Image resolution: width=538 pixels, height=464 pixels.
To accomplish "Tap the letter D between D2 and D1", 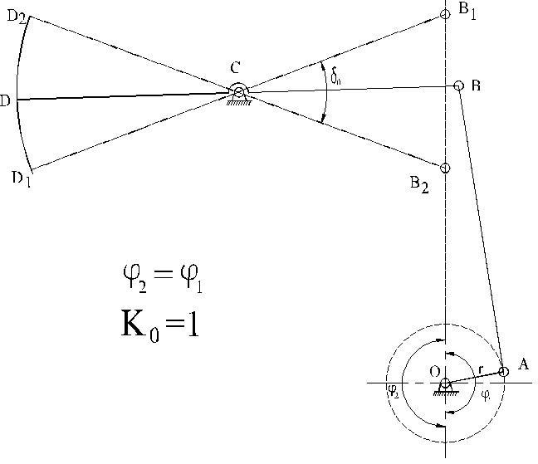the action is click(6, 101).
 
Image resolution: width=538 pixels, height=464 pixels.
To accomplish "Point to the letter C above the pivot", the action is click(236, 71).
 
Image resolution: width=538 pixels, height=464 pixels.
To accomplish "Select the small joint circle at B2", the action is click(446, 169).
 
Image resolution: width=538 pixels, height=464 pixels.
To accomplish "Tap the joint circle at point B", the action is click(458, 85).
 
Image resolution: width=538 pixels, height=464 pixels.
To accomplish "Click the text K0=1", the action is click(157, 323).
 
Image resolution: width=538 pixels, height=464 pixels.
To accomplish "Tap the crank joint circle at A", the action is click(503, 371).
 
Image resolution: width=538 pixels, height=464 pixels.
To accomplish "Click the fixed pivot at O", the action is click(446, 383).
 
